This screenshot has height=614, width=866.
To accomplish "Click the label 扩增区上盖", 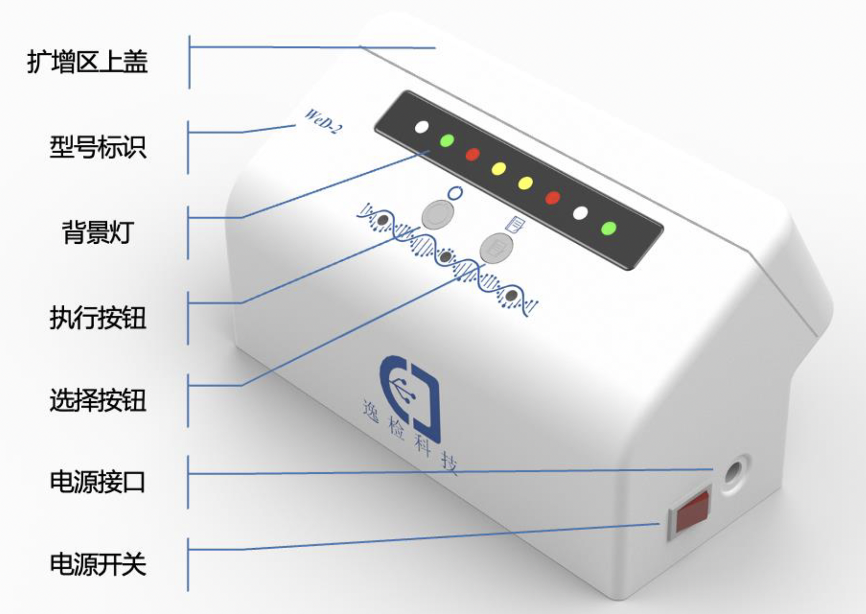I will [87, 62].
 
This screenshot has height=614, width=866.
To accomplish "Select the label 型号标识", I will [98, 147].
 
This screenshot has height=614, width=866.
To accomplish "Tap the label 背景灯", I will [98, 233].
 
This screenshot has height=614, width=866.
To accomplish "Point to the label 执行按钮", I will [98, 318].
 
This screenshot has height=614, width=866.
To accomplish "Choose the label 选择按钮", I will [98, 400].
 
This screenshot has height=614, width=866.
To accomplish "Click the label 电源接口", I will [98, 482].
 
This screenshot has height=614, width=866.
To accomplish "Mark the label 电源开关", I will [98, 564].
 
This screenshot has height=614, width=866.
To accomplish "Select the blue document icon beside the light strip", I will [515, 223].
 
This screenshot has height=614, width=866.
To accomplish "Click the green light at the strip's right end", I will [608, 228].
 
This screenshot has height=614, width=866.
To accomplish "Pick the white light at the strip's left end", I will [421, 127].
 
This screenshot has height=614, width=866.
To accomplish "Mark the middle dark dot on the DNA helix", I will [446, 257].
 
